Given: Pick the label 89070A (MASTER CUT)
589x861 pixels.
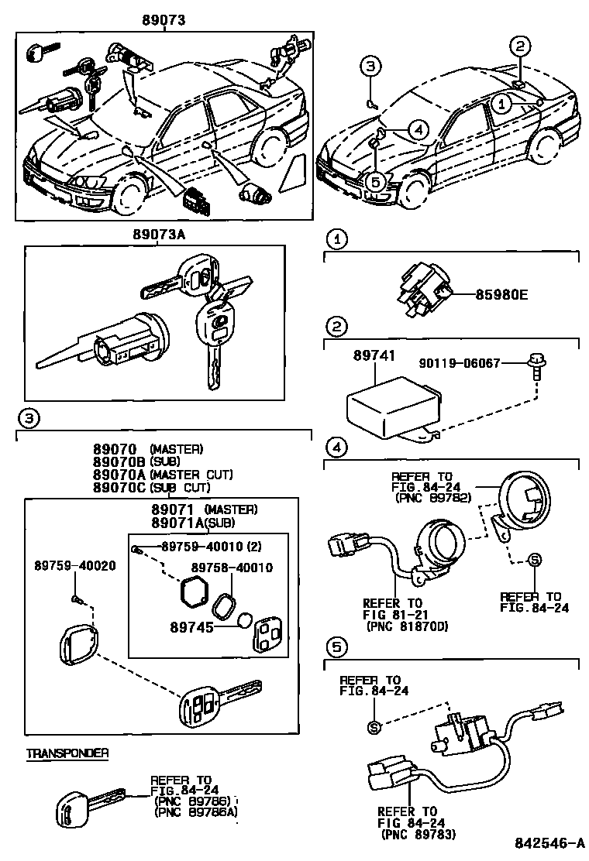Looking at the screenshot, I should pyautogui.click(x=117, y=475).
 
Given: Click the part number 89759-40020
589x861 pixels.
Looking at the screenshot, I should pyautogui.click(x=74, y=566).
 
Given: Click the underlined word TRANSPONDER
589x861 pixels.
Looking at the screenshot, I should pyautogui.click(x=67, y=753).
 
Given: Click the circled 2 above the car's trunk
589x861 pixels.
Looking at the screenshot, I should pyautogui.click(x=520, y=46).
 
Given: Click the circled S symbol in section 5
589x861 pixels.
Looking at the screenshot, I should pyautogui.click(x=374, y=726).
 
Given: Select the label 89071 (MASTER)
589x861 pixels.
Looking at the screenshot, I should pyautogui.click(x=205, y=509).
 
